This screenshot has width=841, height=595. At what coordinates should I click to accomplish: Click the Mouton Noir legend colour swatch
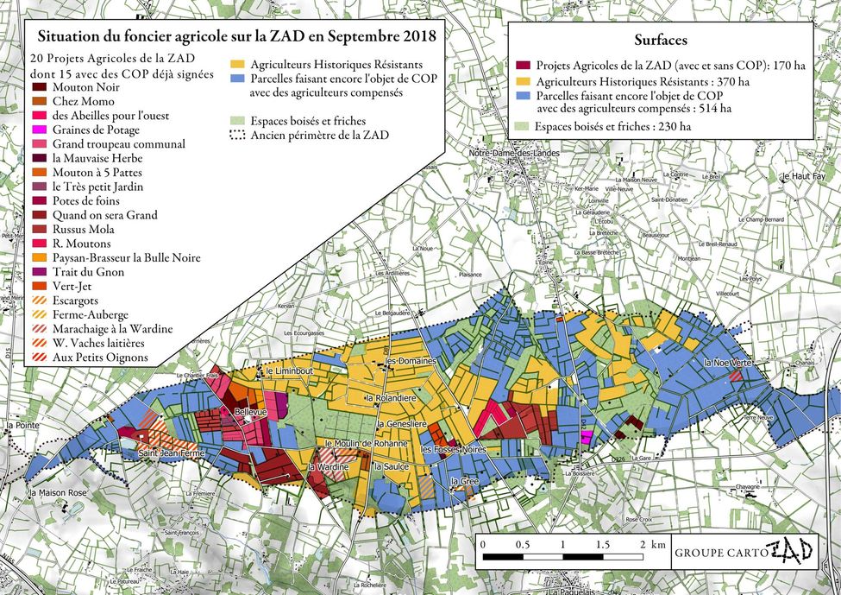tap(40, 87)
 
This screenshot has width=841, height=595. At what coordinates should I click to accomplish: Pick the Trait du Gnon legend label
tap(87, 273)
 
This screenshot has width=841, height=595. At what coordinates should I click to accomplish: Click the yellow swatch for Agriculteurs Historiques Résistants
tap(239, 65)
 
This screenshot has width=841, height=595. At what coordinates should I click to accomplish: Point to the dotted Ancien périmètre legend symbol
tap(239, 135)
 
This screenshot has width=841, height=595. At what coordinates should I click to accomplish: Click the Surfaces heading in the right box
tap(661, 40)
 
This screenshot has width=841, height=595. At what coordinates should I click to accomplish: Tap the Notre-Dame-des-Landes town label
tap(514, 154)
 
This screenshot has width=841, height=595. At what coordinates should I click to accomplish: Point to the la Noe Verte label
tap(728, 364)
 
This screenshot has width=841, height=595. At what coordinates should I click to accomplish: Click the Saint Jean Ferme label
tap(171, 453)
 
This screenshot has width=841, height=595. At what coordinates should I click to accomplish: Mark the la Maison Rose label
tap(58, 493)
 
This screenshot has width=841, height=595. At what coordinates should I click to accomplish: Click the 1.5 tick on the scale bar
tap(601, 545)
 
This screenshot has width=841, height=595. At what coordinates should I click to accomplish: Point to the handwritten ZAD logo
tap(790, 550)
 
